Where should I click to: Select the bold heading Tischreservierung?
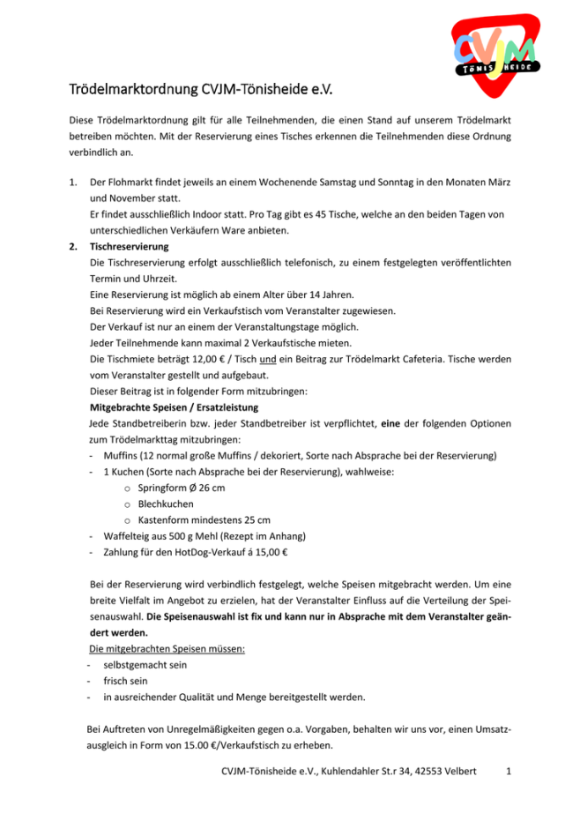(130, 246)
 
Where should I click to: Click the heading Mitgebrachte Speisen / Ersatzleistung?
(174, 407)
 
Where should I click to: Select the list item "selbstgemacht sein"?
(145, 665)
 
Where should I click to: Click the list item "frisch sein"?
(128, 681)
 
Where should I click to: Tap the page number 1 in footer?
(509, 772)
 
